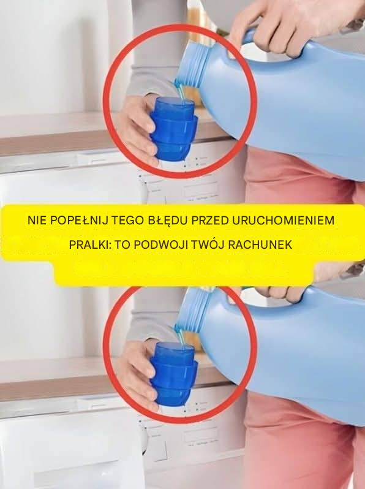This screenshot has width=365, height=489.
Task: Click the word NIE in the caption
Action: (37, 221)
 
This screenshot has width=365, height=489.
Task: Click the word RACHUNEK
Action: (260, 245)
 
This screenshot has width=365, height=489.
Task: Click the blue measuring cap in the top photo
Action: (173, 129)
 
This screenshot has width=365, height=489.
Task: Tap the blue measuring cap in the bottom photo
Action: (173, 374)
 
